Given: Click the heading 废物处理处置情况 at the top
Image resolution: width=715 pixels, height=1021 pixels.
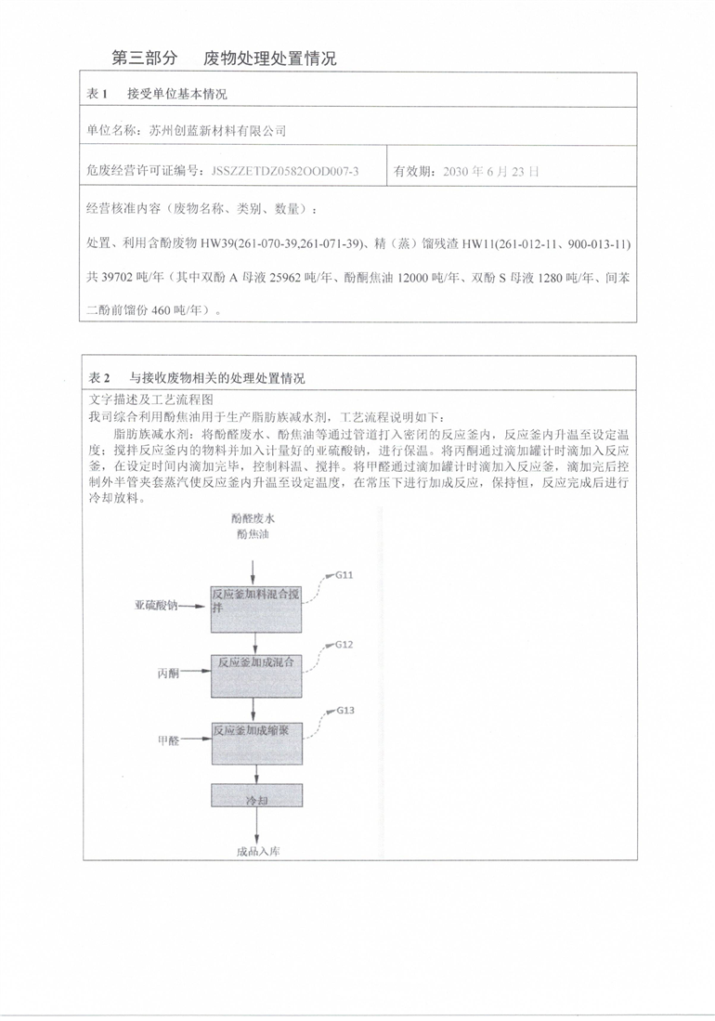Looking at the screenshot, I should click(269, 58).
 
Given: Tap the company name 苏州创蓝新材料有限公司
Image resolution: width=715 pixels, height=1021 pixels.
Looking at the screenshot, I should click(218, 131).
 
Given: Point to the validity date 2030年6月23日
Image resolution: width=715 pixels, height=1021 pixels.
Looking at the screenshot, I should click(491, 171).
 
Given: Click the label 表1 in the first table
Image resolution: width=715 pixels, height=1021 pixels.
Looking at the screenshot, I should click(97, 94).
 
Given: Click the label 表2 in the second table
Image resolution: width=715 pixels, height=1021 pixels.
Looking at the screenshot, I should click(97, 378).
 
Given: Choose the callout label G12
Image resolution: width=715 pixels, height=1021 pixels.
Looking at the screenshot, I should click(344, 644).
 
